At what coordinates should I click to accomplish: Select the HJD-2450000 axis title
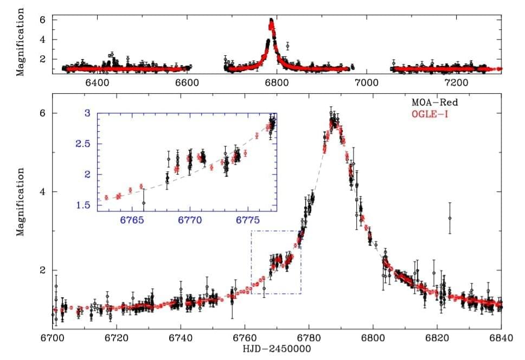[x=277, y=349]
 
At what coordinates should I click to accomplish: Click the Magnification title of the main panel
[x=20, y=201]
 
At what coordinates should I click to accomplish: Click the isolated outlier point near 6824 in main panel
[x=450, y=218]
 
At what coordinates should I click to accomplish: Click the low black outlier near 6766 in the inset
[x=144, y=203]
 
